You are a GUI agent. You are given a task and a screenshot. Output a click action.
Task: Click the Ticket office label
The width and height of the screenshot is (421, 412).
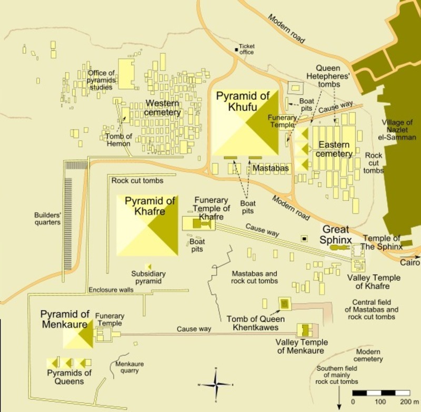[x=247, y=50]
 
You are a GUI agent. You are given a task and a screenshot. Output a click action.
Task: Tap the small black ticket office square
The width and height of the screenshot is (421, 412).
[x=237, y=50]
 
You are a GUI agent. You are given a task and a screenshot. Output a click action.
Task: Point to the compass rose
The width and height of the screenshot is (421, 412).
[x=215, y=385]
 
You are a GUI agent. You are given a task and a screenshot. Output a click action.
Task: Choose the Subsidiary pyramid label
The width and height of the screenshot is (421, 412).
[x=148, y=278]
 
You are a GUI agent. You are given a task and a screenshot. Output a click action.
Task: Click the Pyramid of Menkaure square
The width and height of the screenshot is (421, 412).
[x=78, y=333]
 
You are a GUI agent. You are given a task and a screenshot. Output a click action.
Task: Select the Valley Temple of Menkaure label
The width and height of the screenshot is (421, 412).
[x=302, y=347]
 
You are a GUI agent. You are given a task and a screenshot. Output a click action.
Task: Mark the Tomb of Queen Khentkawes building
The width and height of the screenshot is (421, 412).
[x=285, y=303]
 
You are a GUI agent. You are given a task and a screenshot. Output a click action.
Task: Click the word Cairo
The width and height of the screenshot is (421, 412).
[x=410, y=262]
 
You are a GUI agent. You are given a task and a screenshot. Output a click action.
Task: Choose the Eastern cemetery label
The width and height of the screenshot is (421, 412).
[x=334, y=149]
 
